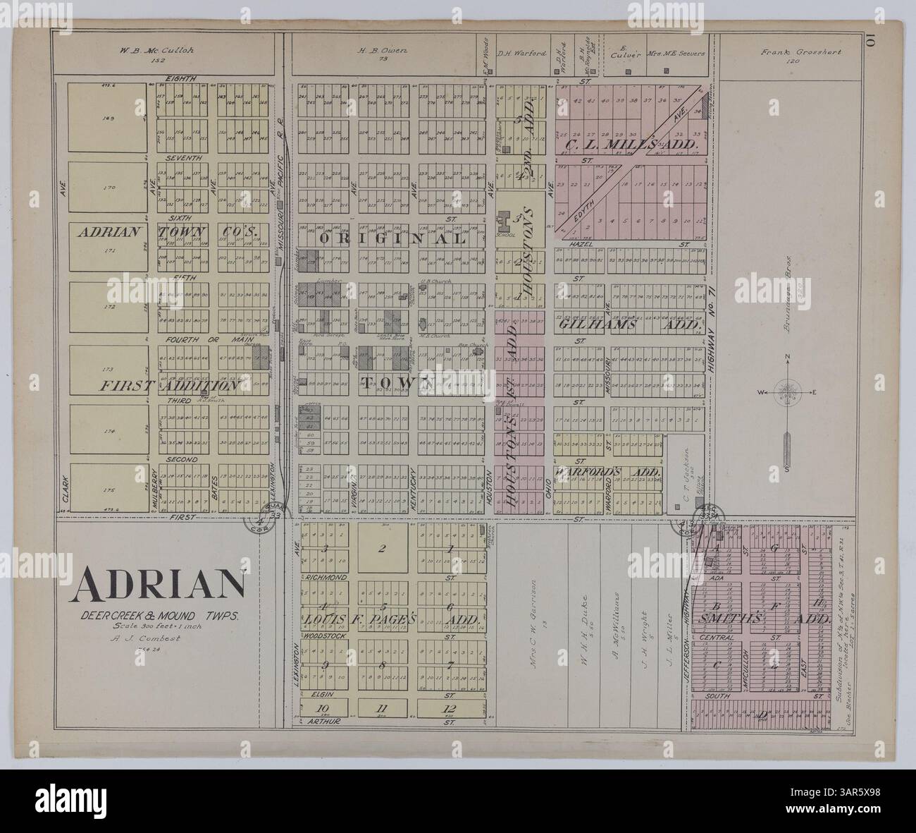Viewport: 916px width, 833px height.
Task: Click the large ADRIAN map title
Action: point(157,583)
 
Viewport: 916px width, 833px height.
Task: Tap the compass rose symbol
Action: point(786,392)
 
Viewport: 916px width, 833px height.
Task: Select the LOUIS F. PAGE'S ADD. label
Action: point(392,619)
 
